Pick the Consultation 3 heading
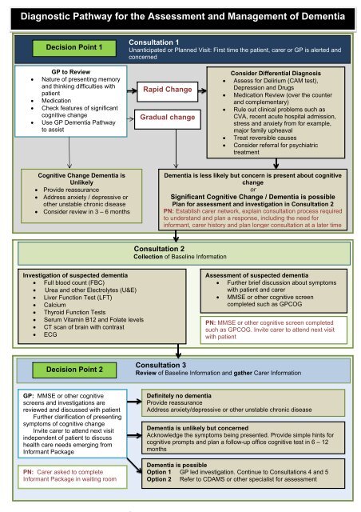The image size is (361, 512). [x=159, y=362]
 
